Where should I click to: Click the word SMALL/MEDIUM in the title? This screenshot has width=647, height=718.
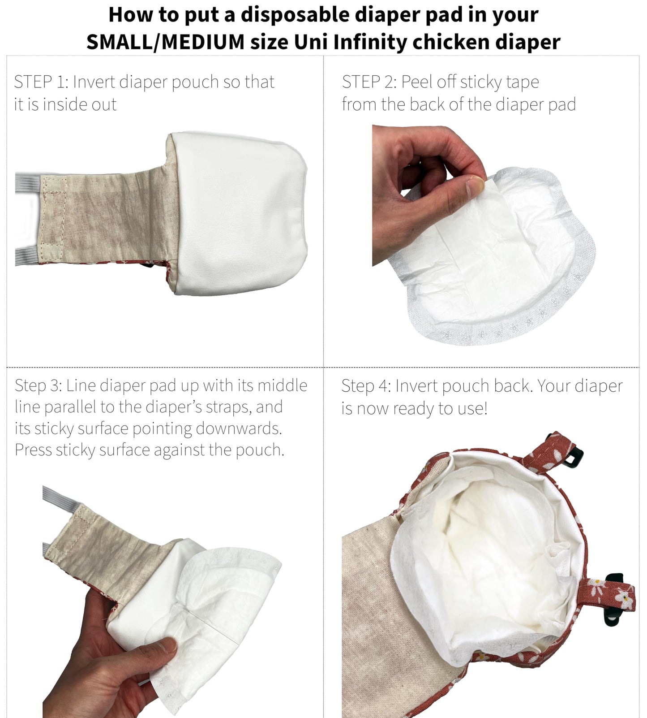(x=165, y=42)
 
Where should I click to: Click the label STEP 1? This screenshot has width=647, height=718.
(x=40, y=82)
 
